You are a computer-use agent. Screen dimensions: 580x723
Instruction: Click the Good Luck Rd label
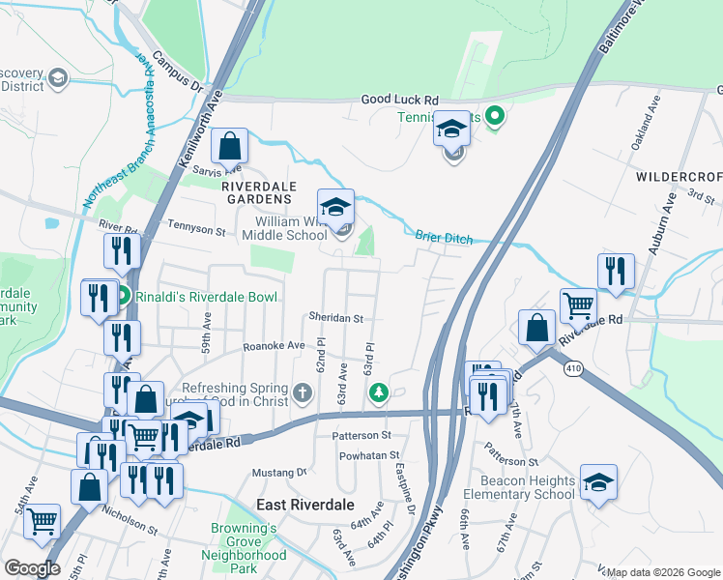pos(400,100)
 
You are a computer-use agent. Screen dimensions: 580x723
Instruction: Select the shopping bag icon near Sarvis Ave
pos(230,147)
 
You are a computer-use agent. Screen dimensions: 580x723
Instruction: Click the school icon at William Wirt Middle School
pos(335,207)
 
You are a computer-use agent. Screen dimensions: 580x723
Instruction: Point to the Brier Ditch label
pos(444,236)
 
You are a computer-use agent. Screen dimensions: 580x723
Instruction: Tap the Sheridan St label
pos(335,317)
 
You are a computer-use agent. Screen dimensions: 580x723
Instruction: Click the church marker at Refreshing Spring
pos(304,391)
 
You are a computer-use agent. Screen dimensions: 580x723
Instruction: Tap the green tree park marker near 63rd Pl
pos(379,391)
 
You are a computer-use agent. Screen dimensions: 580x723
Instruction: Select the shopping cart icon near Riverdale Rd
pos(578,305)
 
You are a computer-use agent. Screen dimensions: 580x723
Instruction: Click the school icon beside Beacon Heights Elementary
pos(598,482)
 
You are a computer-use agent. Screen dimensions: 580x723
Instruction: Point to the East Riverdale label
pos(304,506)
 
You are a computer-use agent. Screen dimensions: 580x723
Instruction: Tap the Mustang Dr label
pos(278,473)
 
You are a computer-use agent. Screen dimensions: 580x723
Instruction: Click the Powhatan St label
pos(366,454)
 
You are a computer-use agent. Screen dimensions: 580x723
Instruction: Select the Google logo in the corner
pos(32,568)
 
